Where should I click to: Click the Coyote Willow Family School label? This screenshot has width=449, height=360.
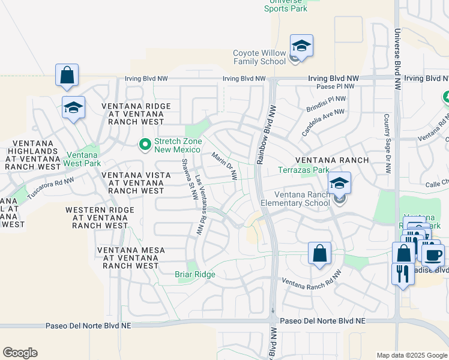coord(259,57)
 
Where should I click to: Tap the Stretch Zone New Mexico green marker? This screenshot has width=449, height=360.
coord(145,145)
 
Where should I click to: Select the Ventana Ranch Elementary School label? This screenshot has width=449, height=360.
coord(303,199)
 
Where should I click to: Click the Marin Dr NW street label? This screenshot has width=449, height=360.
coord(225,166)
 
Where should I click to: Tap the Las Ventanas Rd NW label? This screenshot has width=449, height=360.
coord(200,205)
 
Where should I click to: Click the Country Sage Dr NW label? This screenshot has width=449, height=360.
coord(388,143)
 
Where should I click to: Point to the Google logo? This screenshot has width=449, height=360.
coord(20,353)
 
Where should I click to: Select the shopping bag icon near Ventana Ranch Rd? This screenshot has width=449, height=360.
coord(319,253)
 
